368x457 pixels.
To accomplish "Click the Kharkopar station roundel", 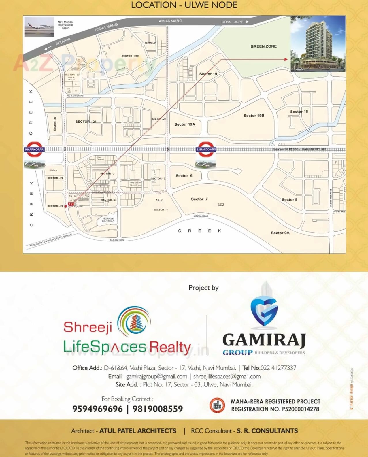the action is coord(35,149).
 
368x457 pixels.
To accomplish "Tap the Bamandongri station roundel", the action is coord(206,149).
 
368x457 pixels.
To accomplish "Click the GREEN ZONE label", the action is coord(263,46).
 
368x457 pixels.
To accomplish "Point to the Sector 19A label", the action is coord(185,124).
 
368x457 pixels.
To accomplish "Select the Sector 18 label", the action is coord(299,112).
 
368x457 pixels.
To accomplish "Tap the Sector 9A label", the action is coord(280,233).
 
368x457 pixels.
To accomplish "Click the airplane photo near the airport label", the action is coord(39,27).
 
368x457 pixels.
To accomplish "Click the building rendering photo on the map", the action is coord(318,44).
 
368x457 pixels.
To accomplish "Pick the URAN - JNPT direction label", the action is coord(235,22).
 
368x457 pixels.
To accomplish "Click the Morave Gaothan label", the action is coord(108,220).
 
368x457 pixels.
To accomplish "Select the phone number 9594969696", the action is coord(97,409).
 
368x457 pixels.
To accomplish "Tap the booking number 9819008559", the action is coord(158,409).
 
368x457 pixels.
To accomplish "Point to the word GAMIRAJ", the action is coord(264,340).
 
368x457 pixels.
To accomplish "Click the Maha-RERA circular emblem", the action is coord(217,405).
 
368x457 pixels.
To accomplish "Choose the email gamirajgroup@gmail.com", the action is coord(156,376).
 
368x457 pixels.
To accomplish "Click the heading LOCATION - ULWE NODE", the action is coord(184,5).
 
